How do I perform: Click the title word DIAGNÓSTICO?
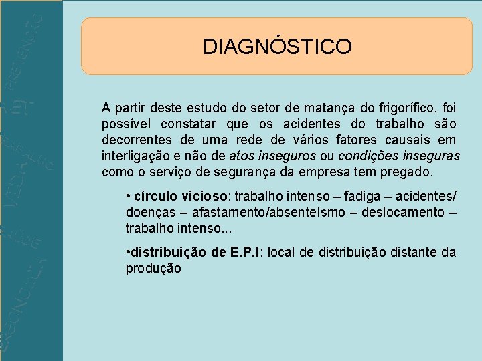click(x=277, y=47)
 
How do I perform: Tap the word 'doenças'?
click(x=149, y=213)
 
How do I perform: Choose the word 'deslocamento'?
click(x=401, y=213)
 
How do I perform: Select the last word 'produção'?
click(x=153, y=268)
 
